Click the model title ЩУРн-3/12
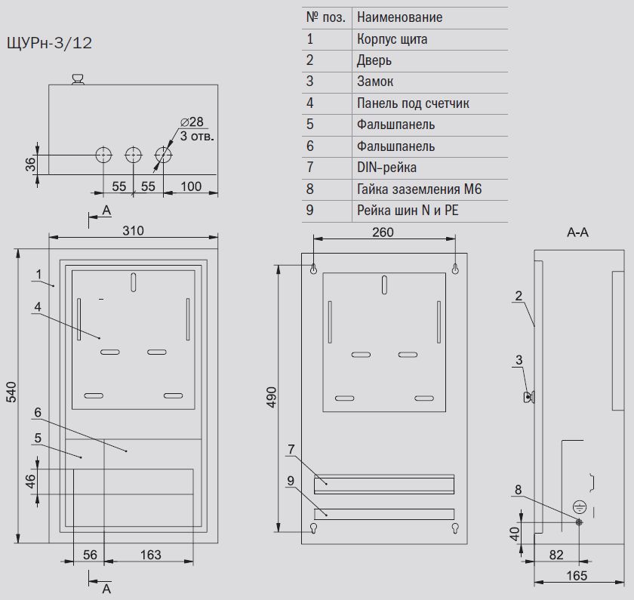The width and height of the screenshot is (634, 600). pos(49,43)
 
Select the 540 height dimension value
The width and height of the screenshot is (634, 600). pos(12,392)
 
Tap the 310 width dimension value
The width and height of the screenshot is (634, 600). pos(133,230)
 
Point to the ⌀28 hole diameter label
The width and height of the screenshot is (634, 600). pos(192,122)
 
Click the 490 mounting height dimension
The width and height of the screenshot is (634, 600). pos(272,397)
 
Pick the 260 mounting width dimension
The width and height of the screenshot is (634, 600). pos(383,232)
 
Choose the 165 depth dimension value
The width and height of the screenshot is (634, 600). pos(577,575)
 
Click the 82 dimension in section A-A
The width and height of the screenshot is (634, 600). pos(556,555)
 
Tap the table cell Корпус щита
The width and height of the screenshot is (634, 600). pos(392,39)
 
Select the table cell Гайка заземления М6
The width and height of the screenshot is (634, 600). pos(420,189)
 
